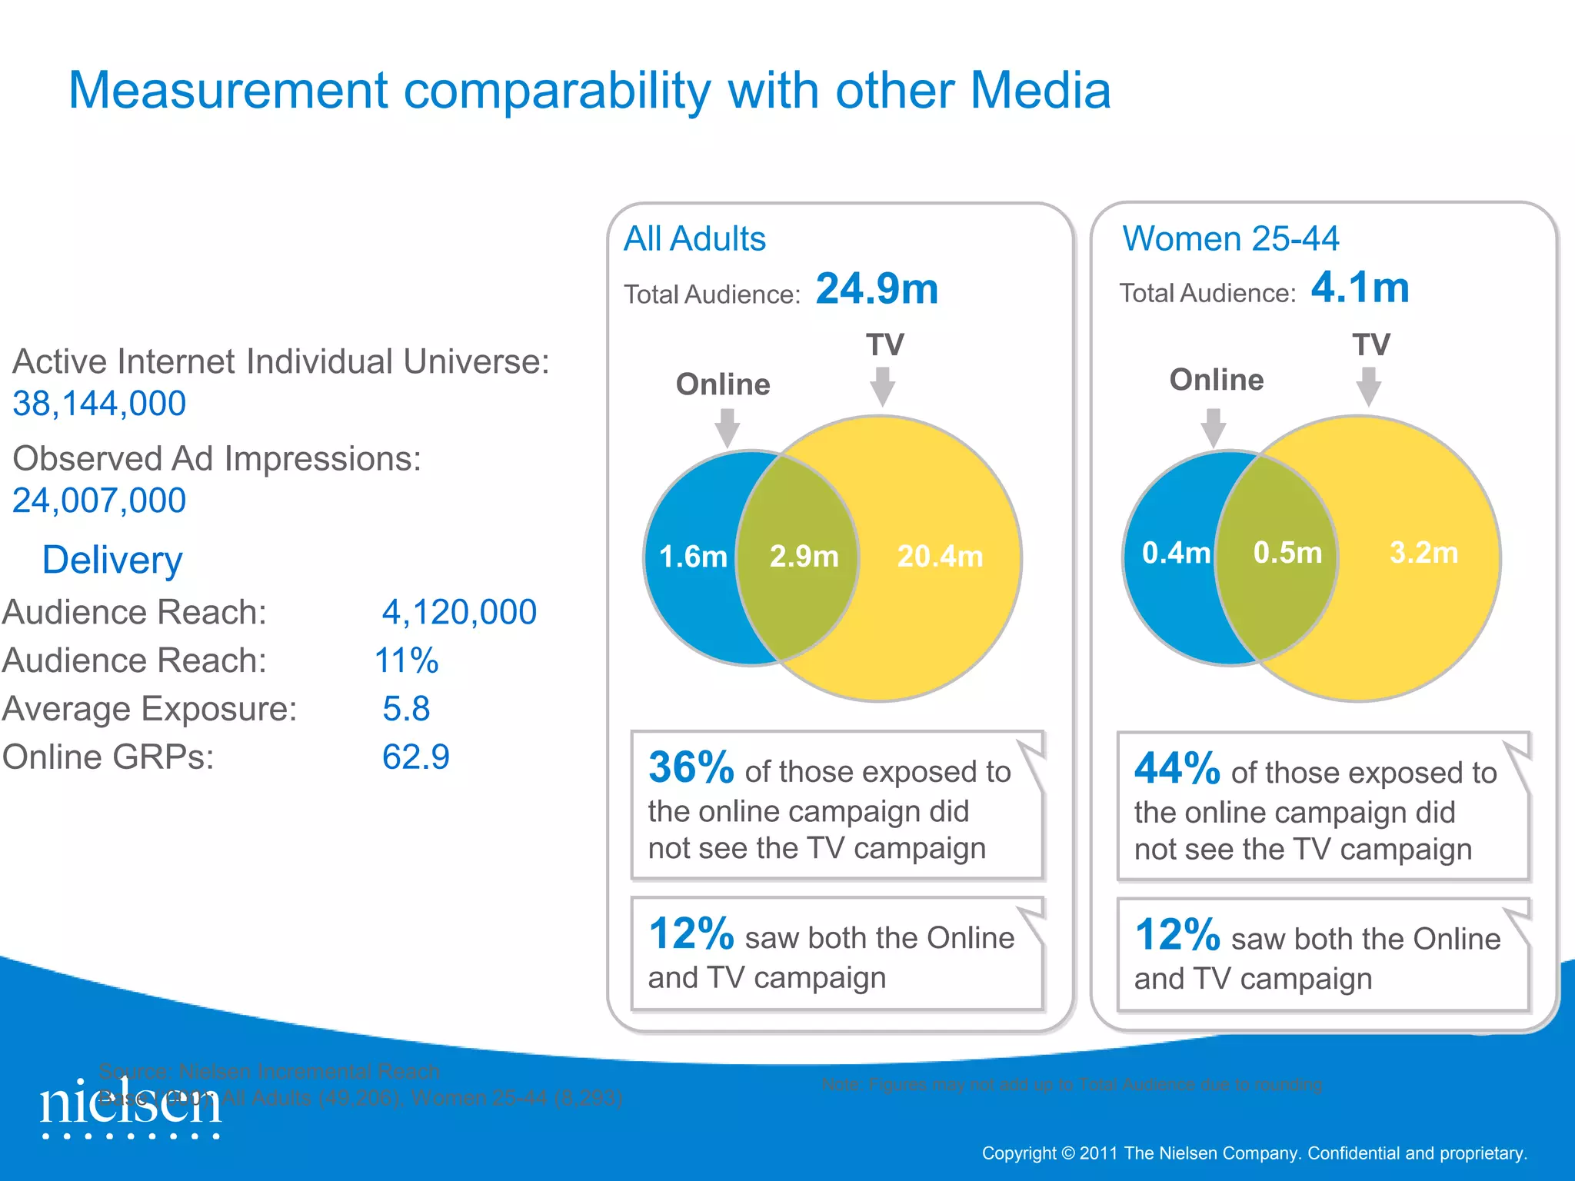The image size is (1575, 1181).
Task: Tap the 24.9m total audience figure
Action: [x=877, y=289]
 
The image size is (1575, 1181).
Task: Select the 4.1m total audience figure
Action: [x=1360, y=288]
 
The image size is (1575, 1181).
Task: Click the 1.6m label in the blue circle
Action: [x=693, y=557]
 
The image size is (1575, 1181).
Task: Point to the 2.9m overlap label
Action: [x=804, y=557]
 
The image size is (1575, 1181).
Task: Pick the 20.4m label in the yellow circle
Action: [x=940, y=557]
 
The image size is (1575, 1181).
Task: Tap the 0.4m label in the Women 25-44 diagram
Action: [x=1176, y=553]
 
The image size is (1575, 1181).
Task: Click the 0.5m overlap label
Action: [x=1287, y=553]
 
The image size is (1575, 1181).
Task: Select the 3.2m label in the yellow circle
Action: [x=1423, y=553]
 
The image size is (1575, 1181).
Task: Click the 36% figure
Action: [x=691, y=767]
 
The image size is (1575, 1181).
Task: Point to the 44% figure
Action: [x=1177, y=768]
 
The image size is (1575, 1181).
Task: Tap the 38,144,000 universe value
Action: [x=99, y=404]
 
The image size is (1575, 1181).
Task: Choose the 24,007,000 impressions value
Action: [x=99, y=501]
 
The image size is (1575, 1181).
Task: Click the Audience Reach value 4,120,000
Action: [x=459, y=613]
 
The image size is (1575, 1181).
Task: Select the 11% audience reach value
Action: [x=406, y=661]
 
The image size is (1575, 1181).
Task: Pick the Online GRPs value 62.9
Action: [x=415, y=757]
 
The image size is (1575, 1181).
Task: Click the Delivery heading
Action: [x=112, y=560]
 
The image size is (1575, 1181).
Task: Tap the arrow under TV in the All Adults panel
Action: [x=883, y=386]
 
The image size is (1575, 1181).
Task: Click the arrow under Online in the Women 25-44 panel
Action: [x=1213, y=427]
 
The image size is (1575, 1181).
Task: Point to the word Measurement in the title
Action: [x=228, y=91]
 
